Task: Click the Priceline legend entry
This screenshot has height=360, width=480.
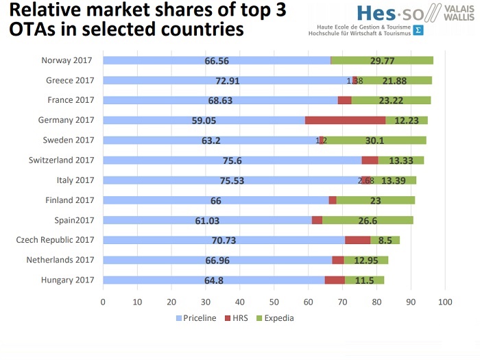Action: (x=198, y=318)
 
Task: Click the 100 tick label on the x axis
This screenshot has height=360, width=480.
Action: (x=445, y=302)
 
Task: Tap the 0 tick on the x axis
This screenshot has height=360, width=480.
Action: (x=103, y=302)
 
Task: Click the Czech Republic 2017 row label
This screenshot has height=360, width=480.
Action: (x=55, y=240)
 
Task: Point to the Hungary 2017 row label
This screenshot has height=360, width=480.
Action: (x=67, y=280)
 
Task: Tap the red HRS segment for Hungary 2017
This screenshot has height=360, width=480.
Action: (x=335, y=280)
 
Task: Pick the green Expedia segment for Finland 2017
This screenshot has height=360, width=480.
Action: (x=375, y=200)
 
